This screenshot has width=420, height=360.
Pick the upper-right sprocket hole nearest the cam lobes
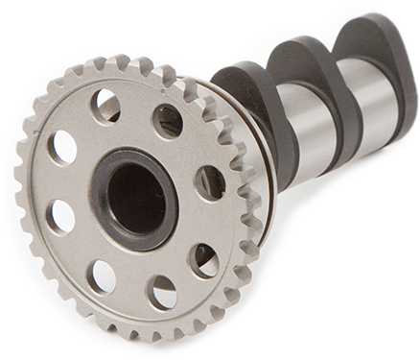pyautogui.click(x=168, y=121)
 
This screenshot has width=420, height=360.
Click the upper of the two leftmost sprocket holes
pyautogui.click(x=62, y=147)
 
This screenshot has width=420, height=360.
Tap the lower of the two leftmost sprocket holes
pyautogui.click(x=61, y=218)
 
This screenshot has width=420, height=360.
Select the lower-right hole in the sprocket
pyautogui.click(x=202, y=258)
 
